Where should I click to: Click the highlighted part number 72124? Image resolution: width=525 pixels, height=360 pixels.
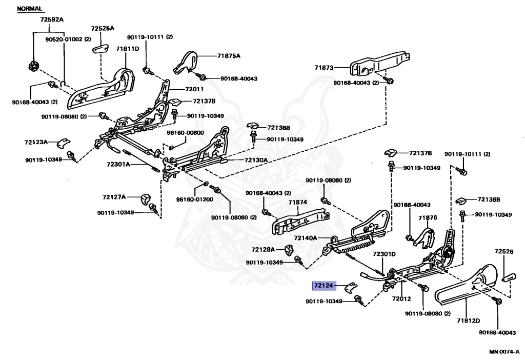click(x=324, y=286)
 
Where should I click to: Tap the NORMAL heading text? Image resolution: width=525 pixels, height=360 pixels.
click(x=30, y=9)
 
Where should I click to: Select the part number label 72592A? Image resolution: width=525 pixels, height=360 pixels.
click(x=52, y=19)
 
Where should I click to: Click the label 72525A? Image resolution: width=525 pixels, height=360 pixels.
click(x=103, y=28)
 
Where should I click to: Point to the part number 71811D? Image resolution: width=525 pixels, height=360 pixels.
click(x=127, y=49)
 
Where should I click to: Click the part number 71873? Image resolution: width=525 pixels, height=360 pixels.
click(x=324, y=67)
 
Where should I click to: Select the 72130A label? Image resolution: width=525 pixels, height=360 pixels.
click(x=256, y=160)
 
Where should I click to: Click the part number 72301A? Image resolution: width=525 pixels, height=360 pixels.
click(x=118, y=165)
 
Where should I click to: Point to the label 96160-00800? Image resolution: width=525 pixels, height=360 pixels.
click(x=185, y=132)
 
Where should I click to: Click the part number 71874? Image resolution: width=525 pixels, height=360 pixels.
click(x=297, y=202)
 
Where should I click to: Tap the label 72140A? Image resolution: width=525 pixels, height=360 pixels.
click(x=306, y=238)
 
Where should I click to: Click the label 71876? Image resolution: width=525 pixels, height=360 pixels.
click(x=427, y=217)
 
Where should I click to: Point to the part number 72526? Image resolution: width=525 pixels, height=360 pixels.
click(x=504, y=251)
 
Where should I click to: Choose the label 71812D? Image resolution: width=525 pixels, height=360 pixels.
click(x=469, y=321)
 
